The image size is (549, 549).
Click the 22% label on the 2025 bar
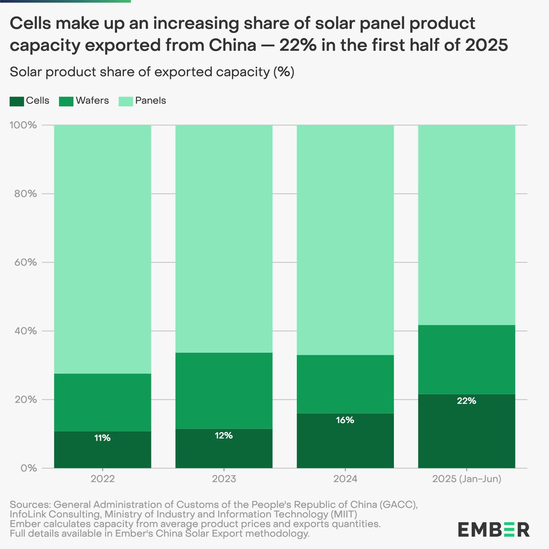[466, 401]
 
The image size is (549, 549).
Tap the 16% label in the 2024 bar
[345, 420]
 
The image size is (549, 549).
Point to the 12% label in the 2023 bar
[224, 436]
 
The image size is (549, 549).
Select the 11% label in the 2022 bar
[102, 438]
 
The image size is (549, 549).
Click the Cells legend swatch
[16, 101]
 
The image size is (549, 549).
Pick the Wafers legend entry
[84, 101]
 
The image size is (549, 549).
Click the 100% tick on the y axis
[23, 125]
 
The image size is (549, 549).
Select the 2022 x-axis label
[102, 479]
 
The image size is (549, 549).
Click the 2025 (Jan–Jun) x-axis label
[467, 479]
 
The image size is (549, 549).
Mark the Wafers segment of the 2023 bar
[224, 390]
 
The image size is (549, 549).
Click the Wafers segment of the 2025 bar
[467, 360]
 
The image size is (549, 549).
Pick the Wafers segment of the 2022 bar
[102, 402]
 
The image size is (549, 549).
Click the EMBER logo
[494, 529]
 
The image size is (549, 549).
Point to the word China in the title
[232, 46]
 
